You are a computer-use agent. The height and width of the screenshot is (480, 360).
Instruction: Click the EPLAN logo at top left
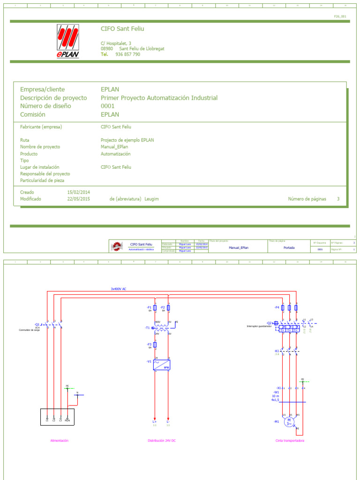[x=68, y=41]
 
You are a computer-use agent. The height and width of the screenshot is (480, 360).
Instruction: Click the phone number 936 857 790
[x=127, y=54]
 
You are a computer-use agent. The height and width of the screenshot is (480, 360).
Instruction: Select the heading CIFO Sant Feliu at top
[x=122, y=29]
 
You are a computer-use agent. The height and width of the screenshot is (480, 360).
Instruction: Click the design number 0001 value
[x=107, y=106]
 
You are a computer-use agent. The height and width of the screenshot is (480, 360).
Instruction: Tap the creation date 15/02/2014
[x=78, y=192]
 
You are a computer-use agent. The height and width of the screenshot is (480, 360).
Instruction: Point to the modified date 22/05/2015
[x=78, y=199]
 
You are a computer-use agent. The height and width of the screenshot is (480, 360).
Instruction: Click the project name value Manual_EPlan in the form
[x=114, y=147]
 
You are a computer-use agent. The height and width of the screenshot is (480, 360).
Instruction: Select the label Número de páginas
[x=307, y=199]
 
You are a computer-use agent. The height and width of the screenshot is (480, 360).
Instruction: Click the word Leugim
[x=152, y=199]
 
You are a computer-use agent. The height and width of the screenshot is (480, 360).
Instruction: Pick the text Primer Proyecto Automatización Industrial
[x=159, y=98]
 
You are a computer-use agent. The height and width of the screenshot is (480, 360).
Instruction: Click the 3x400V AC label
[x=119, y=289]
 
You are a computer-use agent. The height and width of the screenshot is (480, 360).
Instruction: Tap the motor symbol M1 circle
[x=289, y=421]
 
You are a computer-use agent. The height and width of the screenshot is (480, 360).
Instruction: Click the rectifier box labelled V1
[x=161, y=365]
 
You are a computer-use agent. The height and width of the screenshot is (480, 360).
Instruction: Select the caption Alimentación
[x=60, y=441]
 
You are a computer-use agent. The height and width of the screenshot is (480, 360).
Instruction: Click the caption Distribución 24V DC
[x=162, y=441]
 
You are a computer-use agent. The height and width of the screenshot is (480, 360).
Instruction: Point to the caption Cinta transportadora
[x=290, y=441]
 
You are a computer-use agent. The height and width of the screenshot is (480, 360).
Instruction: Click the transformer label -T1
[x=147, y=328]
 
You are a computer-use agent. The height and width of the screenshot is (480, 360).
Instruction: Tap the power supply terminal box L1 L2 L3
[x=57, y=417]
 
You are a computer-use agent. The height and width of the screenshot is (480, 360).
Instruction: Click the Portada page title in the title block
[x=289, y=247]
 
